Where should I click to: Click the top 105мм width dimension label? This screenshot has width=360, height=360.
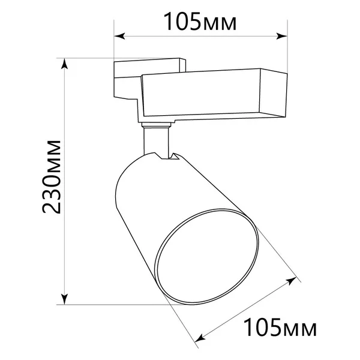pos(200,22)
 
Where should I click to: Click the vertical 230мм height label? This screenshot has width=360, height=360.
pos(52,176)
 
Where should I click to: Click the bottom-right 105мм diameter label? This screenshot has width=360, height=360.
pos(280,327)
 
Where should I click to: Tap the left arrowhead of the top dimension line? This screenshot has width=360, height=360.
pos(119,36)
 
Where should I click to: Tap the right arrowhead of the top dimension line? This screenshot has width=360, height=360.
pos(282,36)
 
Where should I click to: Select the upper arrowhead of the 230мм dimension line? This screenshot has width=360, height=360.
pos(65,64)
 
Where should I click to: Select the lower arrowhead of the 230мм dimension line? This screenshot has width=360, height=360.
pos(65,299)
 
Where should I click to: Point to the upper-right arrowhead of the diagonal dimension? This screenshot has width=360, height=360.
pos(292,281)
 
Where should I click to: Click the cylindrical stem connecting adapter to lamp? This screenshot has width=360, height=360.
pos(157,141)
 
